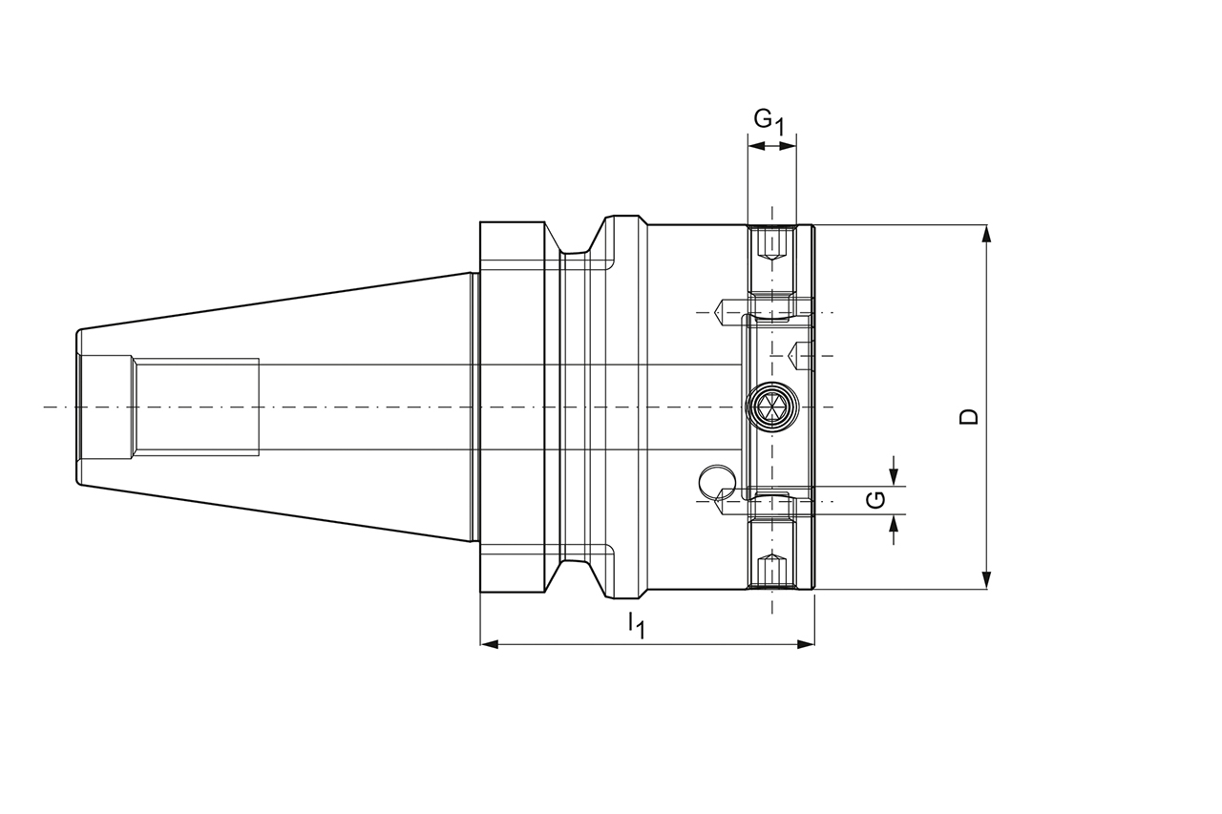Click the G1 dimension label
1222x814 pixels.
pos(769,121)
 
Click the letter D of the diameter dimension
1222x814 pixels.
pos(969,416)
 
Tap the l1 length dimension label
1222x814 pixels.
pos(636,626)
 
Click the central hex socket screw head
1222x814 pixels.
pos(770,407)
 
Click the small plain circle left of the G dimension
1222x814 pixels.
pos(716,481)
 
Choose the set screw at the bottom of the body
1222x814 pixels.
pos(770,571)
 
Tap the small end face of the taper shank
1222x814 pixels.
pos(79,407)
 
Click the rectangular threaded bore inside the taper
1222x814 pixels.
pos(196,407)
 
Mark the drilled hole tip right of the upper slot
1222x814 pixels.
pos(798,355)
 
